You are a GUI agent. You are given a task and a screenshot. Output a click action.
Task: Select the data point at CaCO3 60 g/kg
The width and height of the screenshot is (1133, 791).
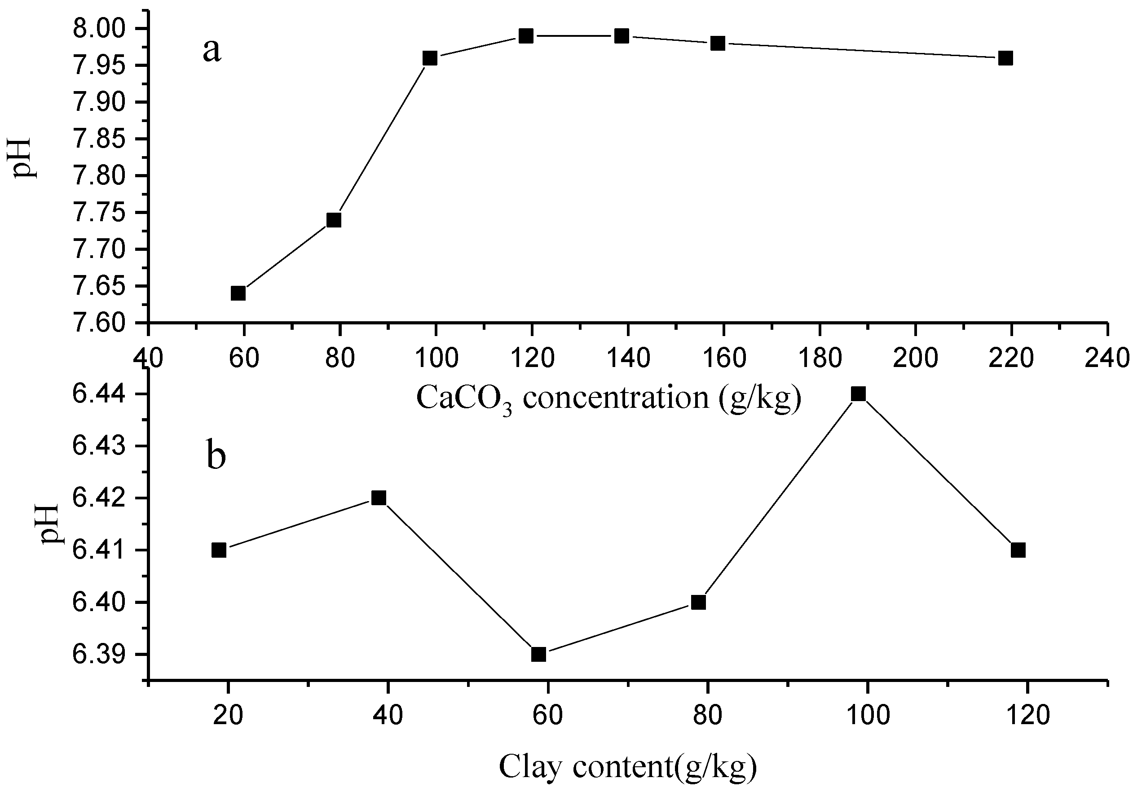coord(238,293)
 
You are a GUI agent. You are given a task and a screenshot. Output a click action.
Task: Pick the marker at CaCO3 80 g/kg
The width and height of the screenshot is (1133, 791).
coord(334,220)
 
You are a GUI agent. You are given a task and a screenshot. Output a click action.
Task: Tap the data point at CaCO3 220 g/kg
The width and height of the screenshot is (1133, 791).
coord(1005,58)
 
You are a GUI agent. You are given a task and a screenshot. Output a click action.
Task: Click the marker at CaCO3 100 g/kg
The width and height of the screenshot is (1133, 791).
coord(430,58)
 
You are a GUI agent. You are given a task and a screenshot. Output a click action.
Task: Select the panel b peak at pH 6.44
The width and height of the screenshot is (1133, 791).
coord(858,393)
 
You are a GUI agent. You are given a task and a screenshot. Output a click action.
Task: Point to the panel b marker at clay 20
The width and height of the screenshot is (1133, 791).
coord(219,550)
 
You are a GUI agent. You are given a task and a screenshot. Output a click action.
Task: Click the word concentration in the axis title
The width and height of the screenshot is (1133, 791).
coord(616,398)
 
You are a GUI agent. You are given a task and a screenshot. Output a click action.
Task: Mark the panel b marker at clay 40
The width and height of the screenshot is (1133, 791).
coord(379,498)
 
